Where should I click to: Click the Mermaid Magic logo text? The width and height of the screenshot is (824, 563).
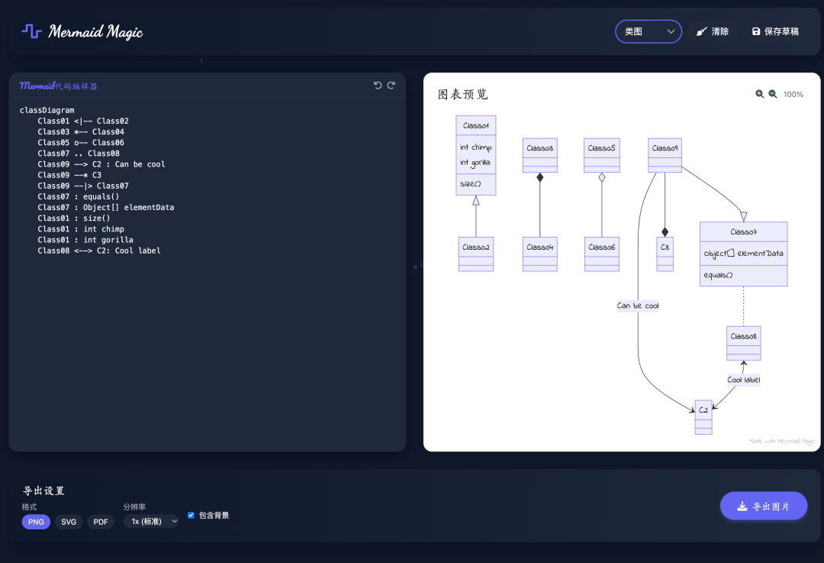click(x=95, y=32)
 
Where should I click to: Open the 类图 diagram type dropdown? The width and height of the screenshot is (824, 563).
click(x=649, y=31)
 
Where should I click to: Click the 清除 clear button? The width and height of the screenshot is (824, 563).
click(x=713, y=31)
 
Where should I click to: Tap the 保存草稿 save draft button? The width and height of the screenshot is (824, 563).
click(x=776, y=31)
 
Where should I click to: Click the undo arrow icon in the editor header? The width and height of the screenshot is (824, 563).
click(x=378, y=86)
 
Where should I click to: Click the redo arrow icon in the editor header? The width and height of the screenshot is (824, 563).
click(x=391, y=86)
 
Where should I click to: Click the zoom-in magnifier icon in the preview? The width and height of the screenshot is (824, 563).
click(x=759, y=94)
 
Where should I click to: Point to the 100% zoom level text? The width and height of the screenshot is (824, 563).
click(x=793, y=95)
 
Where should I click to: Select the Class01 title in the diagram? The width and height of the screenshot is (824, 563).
click(x=475, y=126)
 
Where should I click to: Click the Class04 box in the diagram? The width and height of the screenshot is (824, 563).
click(x=539, y=254)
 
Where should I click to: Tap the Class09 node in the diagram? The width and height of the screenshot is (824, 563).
click(x=665, y=155)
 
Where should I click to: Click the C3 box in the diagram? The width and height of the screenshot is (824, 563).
click(x=665, y=254)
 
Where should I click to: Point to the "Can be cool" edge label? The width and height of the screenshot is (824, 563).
click(x=637, y=306)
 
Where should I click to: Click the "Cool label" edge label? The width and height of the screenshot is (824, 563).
click(x=744, y=380)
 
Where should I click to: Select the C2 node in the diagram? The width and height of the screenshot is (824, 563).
click(x=703, y=417)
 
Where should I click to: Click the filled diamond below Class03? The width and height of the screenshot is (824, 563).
click(x=539, y=177)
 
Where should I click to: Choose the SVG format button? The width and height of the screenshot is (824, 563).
click(x=69, y=522)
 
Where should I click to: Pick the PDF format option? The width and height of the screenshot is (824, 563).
click(x=101, y=522)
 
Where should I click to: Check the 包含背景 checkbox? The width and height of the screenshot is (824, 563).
click(x=191, y=515)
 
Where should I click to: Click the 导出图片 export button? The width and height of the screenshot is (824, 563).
click(x=764, y=506)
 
